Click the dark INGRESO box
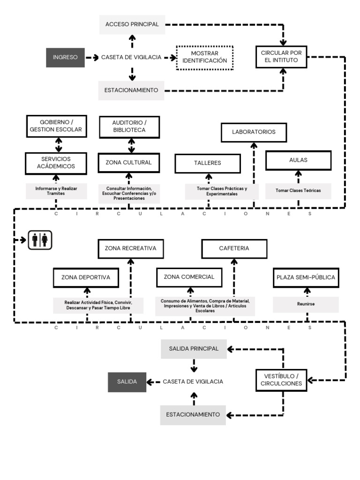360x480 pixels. (65, 57)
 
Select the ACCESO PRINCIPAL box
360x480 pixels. (132, 24)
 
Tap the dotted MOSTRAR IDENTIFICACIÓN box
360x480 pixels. (205, 57)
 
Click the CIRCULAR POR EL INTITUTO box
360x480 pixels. (281, 57)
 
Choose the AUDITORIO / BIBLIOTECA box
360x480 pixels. (129, 126)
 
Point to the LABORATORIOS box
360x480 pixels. (254, 132)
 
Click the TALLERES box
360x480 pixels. (208, 163)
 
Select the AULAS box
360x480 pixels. (298, 160)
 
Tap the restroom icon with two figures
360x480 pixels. (40, 240)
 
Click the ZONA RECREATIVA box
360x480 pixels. (131, 248)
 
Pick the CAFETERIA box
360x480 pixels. (234, 248)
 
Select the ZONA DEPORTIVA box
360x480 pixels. (86, 277)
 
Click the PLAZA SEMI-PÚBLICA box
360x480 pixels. (306, 277)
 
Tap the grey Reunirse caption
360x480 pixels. (306, 304)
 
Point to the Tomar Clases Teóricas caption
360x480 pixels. (298, 191)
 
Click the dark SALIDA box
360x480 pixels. (127, 382)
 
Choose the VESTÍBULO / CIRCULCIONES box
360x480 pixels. (282, 380)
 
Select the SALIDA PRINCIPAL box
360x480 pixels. (194, 349)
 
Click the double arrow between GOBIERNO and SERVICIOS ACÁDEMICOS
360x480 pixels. (56, 145)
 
